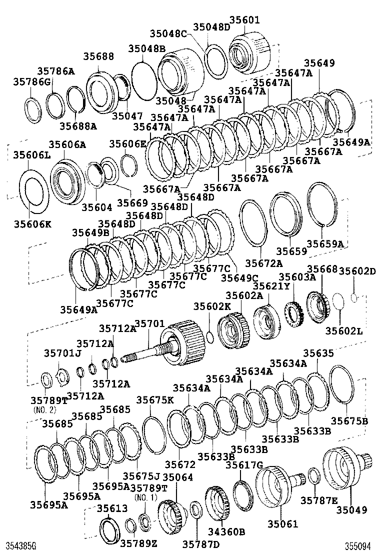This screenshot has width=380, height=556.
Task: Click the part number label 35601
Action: click(x=244, y=20)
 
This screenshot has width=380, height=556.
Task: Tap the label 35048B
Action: click(x=146, y=48)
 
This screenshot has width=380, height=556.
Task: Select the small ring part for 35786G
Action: click(x=33, y=109)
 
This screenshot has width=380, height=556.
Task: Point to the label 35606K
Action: click(x=32, y=224)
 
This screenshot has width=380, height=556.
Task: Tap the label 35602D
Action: click(x=357, y=271)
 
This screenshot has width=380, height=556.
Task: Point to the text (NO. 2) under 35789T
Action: click(x=45, y=409)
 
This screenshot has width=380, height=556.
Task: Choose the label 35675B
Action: click(x=349, y=421)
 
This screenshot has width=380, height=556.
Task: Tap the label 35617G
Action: click(x=244, y=465)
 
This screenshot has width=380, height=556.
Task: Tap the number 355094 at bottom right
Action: click(x=360, y=546)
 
